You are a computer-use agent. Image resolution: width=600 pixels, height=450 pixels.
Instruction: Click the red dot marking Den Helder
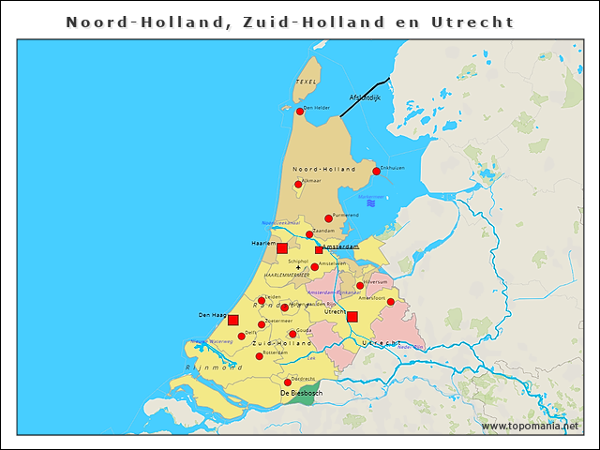(x=300, y=112)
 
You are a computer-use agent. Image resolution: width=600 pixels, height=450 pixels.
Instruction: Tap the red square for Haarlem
(x=281, y=247)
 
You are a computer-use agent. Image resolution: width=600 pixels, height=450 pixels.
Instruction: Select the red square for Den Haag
(x=233, y=321)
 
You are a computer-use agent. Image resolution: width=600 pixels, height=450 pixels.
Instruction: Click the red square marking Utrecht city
(x=352, y=316)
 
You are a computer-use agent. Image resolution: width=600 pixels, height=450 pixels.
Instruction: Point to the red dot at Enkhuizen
(x=376, y=171)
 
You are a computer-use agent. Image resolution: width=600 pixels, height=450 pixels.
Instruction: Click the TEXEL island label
(x=307, y=82)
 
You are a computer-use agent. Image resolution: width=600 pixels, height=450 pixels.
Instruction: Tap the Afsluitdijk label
(x=365, y=97)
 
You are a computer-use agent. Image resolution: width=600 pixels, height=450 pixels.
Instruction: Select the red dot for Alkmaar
(x=298, y=184)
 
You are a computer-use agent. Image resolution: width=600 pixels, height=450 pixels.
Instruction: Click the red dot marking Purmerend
(x=328, y=218)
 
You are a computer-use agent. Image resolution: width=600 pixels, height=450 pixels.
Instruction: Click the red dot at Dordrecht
(x=287, y=382)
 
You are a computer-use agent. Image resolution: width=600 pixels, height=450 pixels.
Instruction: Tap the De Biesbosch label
(x=301, y=393)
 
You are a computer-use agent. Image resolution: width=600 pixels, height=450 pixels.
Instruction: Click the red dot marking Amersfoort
(x=391, y=302)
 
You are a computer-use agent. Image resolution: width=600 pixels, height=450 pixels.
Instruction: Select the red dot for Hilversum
(x=360, y=285)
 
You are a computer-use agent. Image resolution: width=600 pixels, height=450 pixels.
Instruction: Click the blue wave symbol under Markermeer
(x=371, y=202)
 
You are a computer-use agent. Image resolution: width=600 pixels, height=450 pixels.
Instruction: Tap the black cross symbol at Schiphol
(x=299, y=268)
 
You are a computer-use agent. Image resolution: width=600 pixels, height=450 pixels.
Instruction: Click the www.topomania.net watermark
(x=530, y=426)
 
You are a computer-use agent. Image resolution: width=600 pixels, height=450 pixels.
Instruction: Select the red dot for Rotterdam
(x=259, y=356)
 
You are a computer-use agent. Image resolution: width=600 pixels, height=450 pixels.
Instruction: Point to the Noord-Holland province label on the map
(x=323, y=169)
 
